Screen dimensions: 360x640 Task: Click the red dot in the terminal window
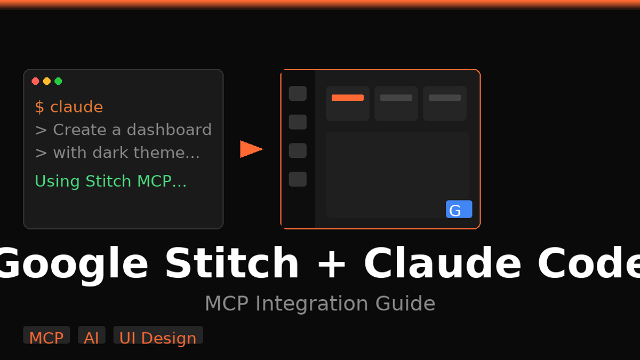tap(35, 81)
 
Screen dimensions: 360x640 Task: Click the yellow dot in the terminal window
tap(47, 81)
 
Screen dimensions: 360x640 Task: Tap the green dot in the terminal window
tap(58, 81)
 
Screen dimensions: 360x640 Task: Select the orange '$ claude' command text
tap(69, 107)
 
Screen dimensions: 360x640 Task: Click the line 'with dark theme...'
tap(117, 153)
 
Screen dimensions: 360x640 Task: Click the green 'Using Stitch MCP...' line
tap(110, 181)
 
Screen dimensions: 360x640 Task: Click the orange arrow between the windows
tap(251, 149)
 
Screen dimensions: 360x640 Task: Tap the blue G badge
tap(459, 210)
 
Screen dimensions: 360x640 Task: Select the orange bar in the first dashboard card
tap(347, 98)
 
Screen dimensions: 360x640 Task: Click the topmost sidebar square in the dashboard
tap(298, 93)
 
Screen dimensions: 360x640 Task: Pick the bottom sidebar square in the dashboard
tap(298, 179)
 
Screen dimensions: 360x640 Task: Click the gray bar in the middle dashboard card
tap(396, 98)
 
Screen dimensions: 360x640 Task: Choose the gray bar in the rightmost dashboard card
tap(444, 98)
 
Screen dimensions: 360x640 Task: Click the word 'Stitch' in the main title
tap(231, 263)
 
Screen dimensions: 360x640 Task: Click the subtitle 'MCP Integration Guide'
tap(320, 303)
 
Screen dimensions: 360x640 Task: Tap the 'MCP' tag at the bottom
tap(46, 337)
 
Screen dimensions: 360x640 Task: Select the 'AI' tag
tap(91, 337)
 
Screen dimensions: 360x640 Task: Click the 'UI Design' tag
tap(158, 337)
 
